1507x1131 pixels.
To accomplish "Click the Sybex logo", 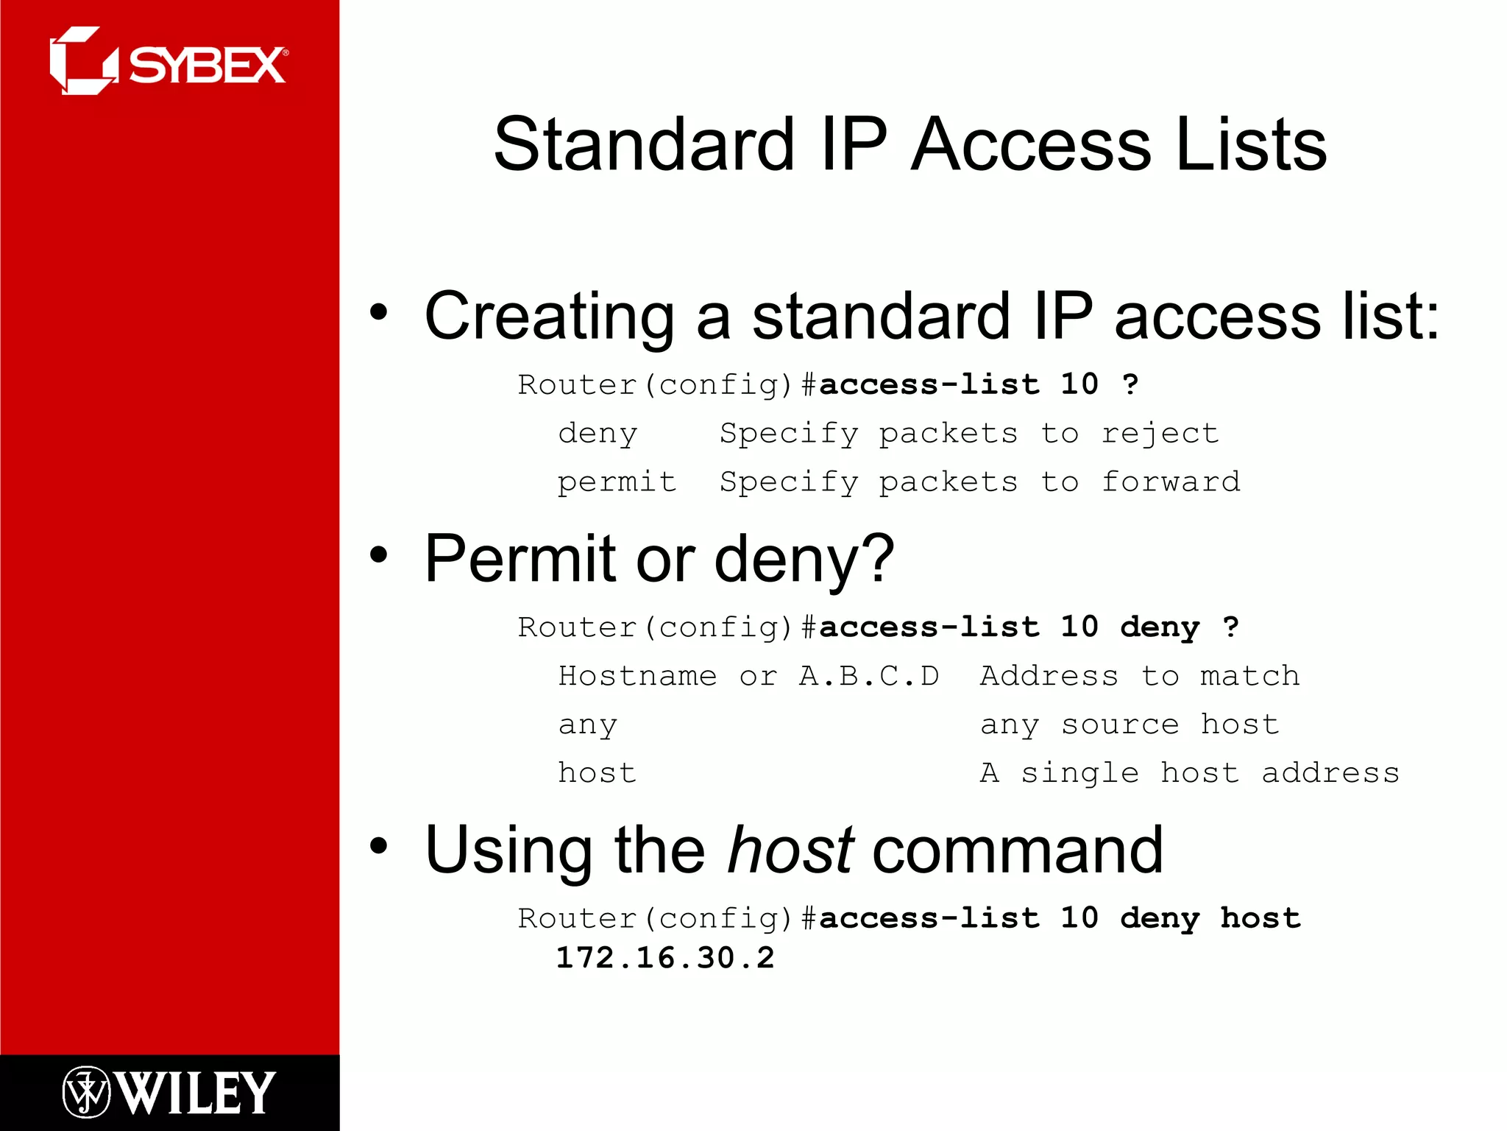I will pos(169,62).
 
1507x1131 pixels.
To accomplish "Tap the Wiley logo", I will pos(169,1092).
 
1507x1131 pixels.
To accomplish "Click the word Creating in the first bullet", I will pos(549,316).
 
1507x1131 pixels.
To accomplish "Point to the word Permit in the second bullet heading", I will pos(520,559).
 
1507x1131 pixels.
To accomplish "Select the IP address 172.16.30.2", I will pos(665,958).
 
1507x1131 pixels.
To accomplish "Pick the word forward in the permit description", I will pos(1170,482).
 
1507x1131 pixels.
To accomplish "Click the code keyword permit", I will pos(617,482).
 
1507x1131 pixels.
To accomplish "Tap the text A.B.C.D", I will pos(869,676).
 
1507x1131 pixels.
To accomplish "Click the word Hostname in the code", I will pos(637,676).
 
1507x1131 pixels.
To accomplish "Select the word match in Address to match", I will pos(1249,676).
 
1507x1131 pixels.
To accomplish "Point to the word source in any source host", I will pos(1119,725).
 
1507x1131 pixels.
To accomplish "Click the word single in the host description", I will pos(1079,773).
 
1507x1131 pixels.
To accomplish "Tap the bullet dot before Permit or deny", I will pos(378,555).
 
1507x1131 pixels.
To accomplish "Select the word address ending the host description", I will pos(1330,773).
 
